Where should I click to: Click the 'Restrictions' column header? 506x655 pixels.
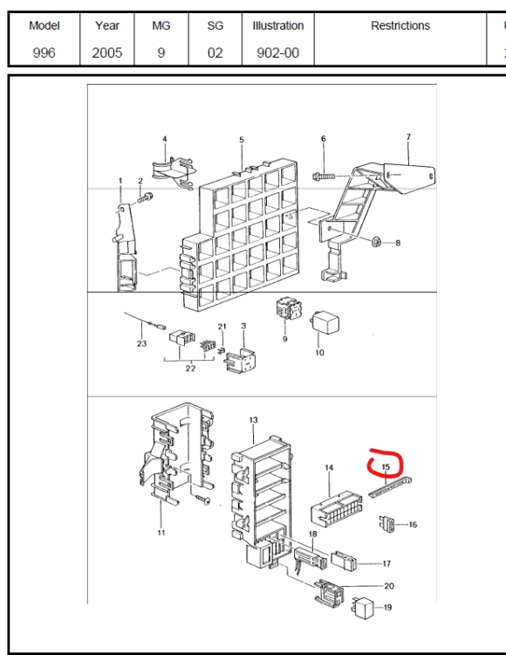400,25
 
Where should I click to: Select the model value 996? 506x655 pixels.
44,52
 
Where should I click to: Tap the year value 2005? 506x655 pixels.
106,52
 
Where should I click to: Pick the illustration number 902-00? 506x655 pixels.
277,52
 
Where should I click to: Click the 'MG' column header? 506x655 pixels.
161,25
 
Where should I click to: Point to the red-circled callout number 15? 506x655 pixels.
386,466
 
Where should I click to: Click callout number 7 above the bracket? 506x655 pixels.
408,136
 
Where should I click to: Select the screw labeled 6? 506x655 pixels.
324,176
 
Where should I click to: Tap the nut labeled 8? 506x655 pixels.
377,241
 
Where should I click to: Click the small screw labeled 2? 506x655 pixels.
145,197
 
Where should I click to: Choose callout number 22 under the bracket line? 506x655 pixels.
190,369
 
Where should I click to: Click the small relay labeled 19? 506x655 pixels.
363,608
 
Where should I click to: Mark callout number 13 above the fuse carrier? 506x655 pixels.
254,420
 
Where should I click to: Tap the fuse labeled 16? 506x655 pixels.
386,524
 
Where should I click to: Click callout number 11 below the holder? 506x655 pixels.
161,533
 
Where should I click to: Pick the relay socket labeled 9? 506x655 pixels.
289,309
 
